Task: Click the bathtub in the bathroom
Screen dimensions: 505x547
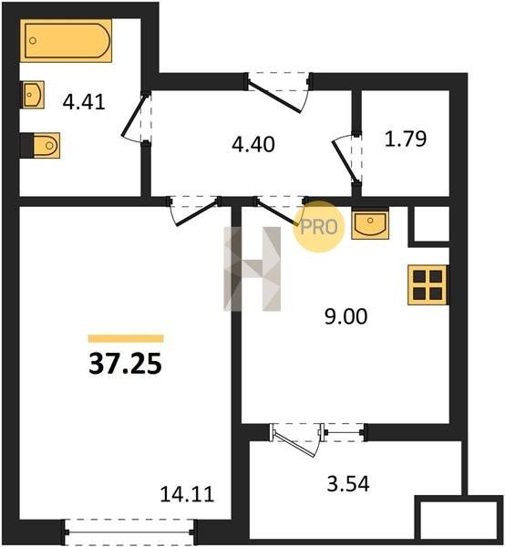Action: tap(66, 40)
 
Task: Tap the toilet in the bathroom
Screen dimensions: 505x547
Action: tap(46, 145)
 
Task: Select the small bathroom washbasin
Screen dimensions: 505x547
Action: tap(33, 95)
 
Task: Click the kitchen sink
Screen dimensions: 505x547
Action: tap(370, 224)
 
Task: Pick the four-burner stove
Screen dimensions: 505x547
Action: tap(428, 285)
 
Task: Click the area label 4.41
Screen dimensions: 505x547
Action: tap(84, 102)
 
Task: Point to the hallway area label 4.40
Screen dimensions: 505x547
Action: tap(253, 144)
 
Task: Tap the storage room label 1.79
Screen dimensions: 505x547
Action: tap(406, 139)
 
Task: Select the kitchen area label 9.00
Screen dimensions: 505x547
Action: tap(346, 316)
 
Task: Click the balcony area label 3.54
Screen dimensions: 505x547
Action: tap(348, 484)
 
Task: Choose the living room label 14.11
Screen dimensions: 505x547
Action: tap(187, 494)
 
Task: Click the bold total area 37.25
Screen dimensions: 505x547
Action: tap(125, 364)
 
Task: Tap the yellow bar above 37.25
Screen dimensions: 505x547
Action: tap(126, 338)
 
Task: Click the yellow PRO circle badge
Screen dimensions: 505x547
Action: tap(319, 227)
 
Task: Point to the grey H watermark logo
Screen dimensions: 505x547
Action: tap(252, 269)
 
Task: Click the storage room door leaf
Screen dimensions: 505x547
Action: tap(345, 160)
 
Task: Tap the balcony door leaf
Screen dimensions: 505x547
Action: tap(295, 444)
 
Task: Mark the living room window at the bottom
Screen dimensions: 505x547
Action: tap(129, 532)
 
